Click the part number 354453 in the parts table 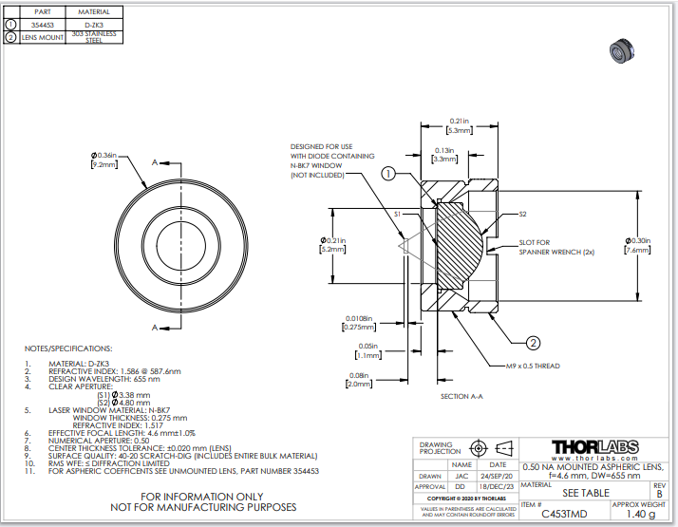pyautogui.click(x=43, y=24)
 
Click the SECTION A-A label pyautogui.click(x=462, y=395)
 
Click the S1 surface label pyautogui.click(x=398, y=215)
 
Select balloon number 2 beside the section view pyautogui.click(x=533, y=343)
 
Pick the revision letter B pyautogui.click(x=659, y=495)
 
